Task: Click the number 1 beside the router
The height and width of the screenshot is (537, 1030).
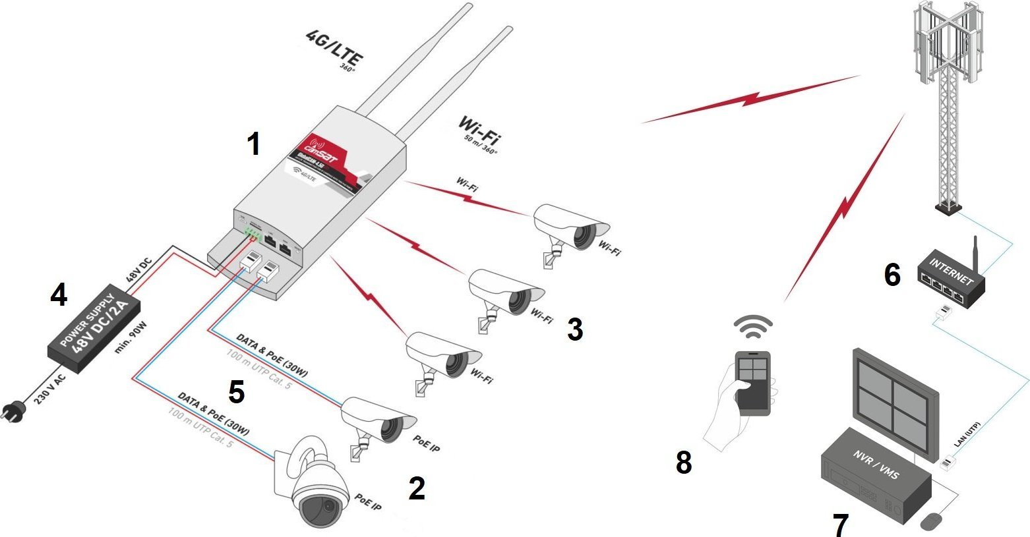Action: pyautogui.click(x=253, y=143)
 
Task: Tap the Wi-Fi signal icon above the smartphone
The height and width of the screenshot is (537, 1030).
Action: pyautogui.click(x=753, y=325)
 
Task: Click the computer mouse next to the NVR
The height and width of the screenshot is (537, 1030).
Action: pyautogui.click(x=930, y=522)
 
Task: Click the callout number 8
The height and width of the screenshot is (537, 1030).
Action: pyautogui.click(x=684, y=462)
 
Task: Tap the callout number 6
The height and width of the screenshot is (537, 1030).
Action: pyautogui.click(x=892, y=275)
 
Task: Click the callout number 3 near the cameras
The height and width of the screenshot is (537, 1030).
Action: pyautogui.click(x=574, y=329)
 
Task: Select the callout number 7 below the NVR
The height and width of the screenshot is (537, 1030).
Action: pyautogui.click(x=840, y=524)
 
